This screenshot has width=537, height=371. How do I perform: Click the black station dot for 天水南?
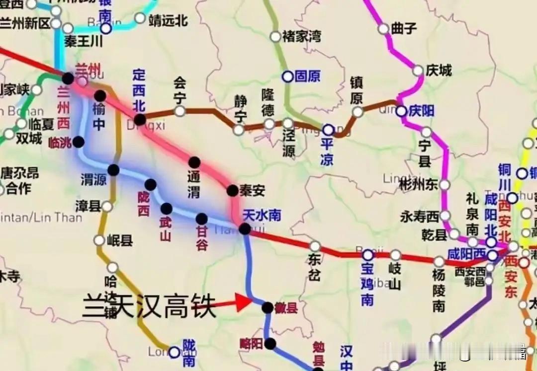pyautogui.click(x=245, y=228)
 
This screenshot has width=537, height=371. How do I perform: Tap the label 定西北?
pyautogui.click(x=139, y=91)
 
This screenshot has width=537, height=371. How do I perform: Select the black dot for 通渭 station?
pyautogui.click(x=194, y=162)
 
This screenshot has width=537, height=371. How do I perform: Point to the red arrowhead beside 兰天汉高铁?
pyautogui.click(x=245, y=302)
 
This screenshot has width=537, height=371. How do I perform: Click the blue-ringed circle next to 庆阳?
pyautogui.click(x=401, y=111)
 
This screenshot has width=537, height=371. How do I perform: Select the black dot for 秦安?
pyautogui.click(x=232, y=190)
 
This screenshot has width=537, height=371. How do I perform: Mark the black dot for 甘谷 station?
pyautogui.click(x=201, y=219)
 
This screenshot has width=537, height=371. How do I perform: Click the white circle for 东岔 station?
pyautogui.click(x=315, y=246)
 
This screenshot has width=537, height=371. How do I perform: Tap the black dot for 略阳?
pyautogui.click(x=270, y=343)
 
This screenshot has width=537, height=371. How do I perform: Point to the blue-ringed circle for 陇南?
pyautogui.click(x=174, y=352)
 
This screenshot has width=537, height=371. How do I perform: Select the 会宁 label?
pyautogui.click(x=179, y=90)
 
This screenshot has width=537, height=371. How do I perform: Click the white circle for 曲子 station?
pyautogui.click(x=383, y=28)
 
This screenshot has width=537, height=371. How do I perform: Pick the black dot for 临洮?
pyautogui.click(x=79, y=142)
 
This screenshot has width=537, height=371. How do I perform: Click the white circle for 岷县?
pyautogui.click(x=99, y=241)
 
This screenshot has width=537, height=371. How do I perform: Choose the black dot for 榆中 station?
pyautogui.click(x=100, y=96)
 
